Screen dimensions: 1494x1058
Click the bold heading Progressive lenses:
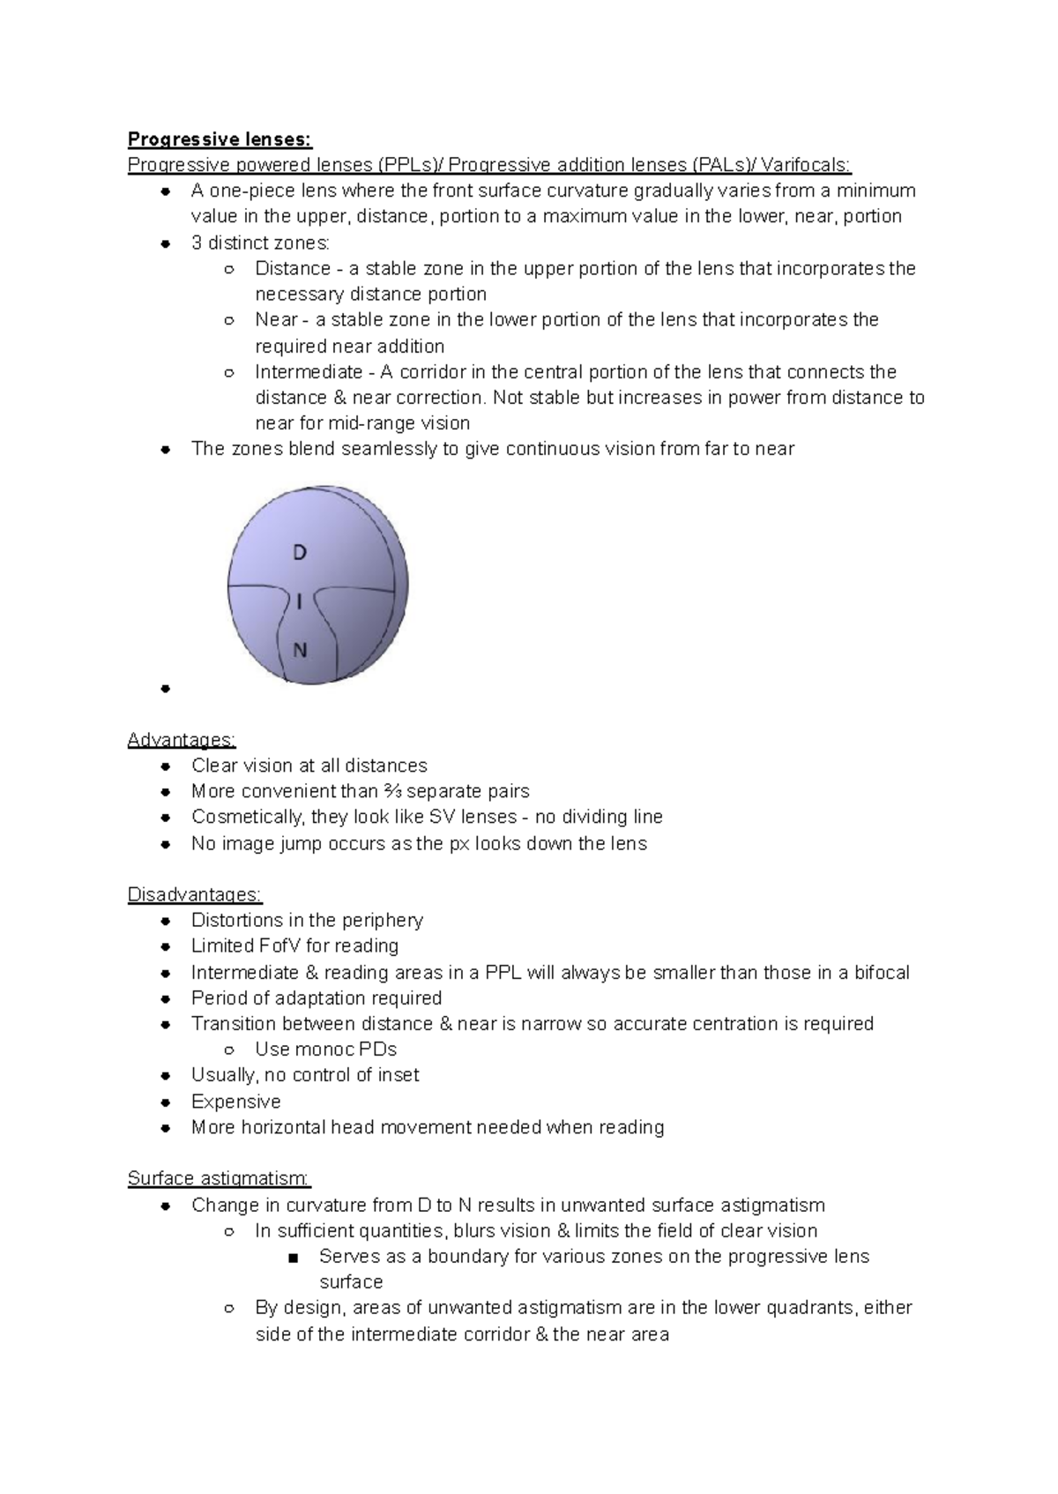220,139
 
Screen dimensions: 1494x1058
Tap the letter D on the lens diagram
300,553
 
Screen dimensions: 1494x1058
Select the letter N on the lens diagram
300,651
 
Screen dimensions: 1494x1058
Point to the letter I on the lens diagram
300,602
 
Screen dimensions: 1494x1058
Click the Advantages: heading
182,739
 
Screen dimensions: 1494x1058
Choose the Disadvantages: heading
194,894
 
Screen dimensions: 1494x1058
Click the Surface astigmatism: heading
219,1178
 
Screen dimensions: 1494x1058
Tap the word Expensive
235,1102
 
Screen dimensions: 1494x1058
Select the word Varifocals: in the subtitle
806,165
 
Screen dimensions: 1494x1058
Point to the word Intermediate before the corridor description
309,372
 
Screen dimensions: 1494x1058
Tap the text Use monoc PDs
325,1050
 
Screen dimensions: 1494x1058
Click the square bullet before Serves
294,1257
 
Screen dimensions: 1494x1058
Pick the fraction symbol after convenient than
391,791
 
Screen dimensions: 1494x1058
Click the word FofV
279,946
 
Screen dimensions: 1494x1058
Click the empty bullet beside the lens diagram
165,689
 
